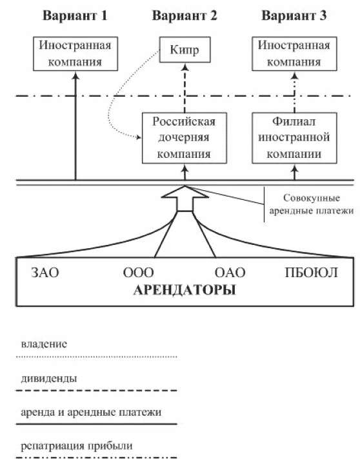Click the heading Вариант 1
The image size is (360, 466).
pos(75,17)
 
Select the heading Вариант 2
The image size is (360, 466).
pos(185,17)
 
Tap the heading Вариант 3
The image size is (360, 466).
pos(294,17)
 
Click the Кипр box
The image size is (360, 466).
pos(185,50)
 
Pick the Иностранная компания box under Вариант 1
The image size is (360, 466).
pos(75,53)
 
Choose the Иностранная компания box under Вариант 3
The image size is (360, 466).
pos(294,53)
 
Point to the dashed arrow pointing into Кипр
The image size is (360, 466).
pos(185,87)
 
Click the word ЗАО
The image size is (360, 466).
pos(45,272)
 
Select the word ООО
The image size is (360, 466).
pos(138,272)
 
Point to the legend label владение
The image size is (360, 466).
pos(43,345)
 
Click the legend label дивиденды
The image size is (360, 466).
pos(50,378)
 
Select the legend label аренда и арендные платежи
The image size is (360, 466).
pos(90,411)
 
